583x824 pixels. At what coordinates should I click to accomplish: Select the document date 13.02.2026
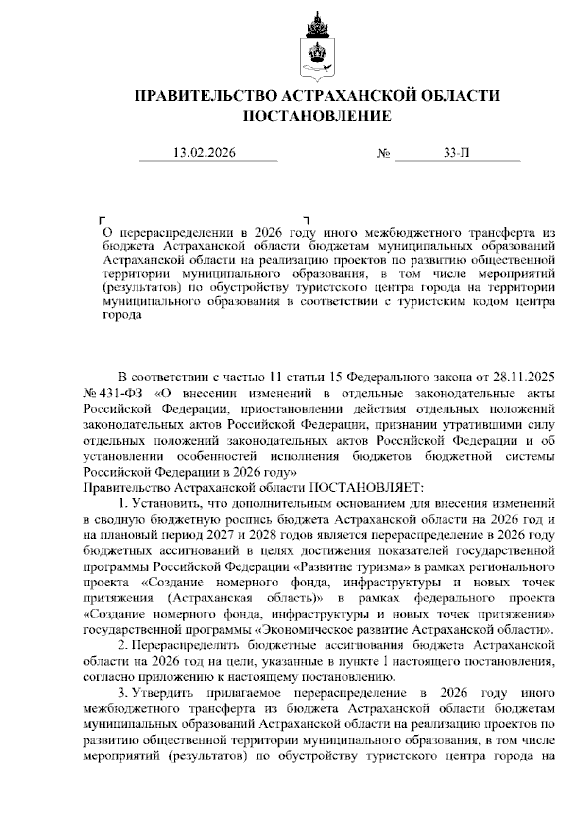205,153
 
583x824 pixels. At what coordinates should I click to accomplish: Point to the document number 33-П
457,153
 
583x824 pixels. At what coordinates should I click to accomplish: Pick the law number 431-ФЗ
123,393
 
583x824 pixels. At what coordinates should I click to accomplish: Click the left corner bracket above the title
102,220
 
